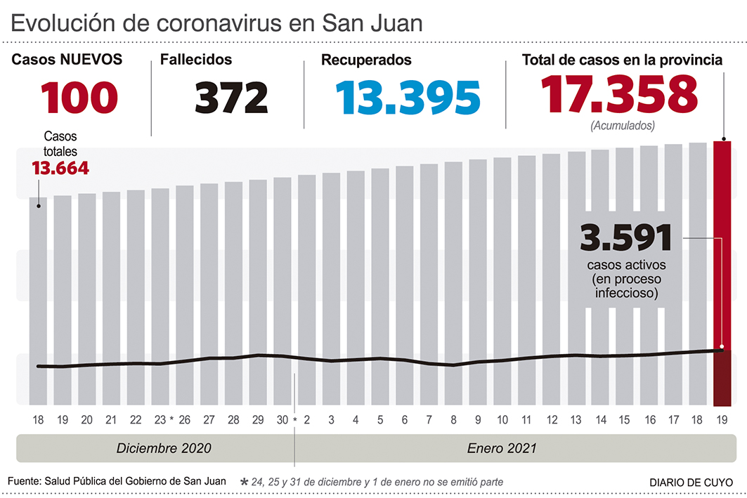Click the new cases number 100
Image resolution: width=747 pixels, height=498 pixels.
(x=79, y=98)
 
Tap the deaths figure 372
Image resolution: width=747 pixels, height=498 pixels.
(x=231, y=98)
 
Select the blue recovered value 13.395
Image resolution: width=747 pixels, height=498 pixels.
(x=408, y=98)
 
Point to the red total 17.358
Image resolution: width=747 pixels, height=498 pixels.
(x=619, y=94)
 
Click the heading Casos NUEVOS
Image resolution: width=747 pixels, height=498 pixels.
(x=67, y=60)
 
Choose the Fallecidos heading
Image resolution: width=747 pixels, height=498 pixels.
(x=196, y=60)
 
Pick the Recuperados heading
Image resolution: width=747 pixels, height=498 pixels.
(x=366, y=60)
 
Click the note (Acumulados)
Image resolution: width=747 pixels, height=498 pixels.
(x=623, y=126)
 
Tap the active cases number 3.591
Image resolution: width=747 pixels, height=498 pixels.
(x=626, y=239)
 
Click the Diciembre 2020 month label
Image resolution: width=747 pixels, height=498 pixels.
(x=164, y=447)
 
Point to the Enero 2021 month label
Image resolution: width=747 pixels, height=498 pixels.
(x=502, y=447)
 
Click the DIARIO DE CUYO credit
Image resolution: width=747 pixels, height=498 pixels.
(x=690, y=482)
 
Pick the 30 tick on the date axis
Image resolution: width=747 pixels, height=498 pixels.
(x=282, y=420)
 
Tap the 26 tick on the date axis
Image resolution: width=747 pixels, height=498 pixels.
(x=184, y=420)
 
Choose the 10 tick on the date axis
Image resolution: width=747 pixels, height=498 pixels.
(x=502, y=420)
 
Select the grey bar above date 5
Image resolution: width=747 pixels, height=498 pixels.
(x=379, y=281)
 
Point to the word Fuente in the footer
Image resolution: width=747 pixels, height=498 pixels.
(x=24, y=481)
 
